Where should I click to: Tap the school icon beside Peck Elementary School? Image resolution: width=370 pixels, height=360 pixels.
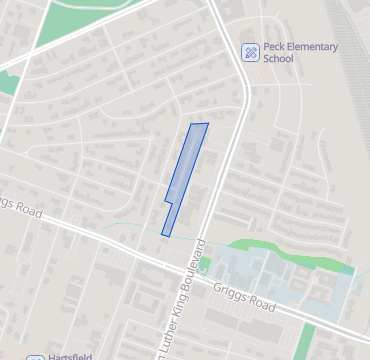click(251, 52)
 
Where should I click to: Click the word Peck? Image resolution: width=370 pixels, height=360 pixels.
click(277, 46)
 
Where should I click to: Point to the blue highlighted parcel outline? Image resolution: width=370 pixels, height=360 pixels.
click(186, 175)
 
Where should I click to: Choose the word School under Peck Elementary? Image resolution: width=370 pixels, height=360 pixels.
click(278, 58)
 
